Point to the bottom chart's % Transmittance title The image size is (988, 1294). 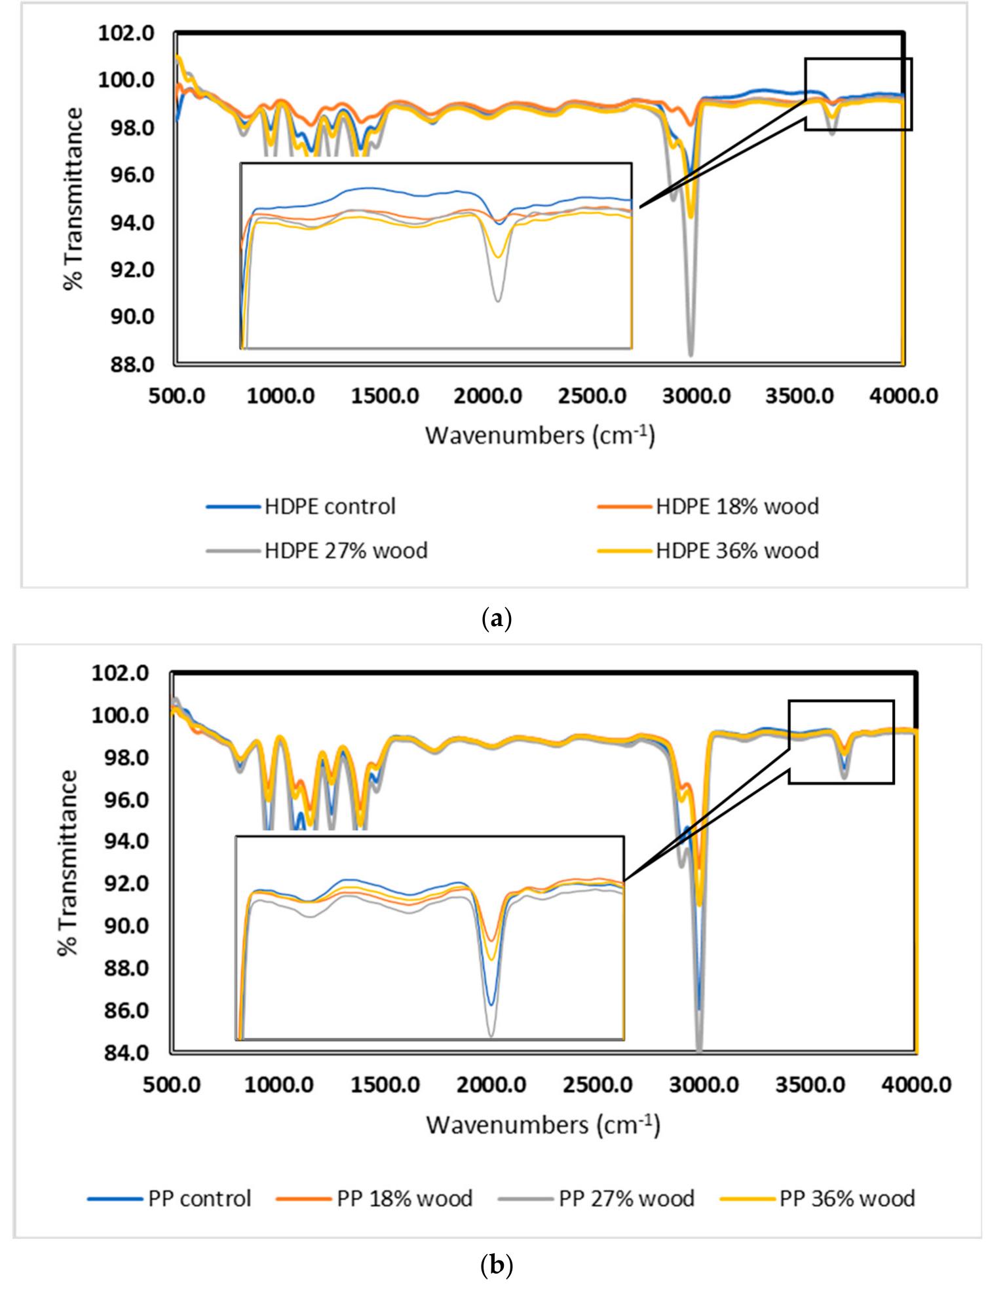tap(68, 862)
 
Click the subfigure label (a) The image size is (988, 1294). tap(496, 619)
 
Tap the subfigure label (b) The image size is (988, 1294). tap(496, 1265)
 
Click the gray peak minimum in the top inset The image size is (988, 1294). tap(498, 301)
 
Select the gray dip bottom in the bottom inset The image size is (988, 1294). tap(491, 1036)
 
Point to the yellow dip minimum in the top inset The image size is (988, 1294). tap(498, 257)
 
